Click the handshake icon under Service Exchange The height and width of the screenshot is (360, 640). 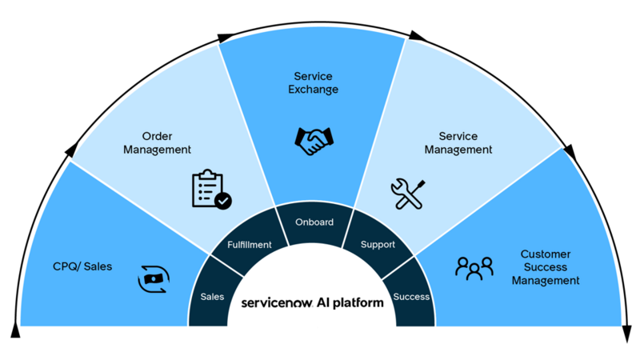pyautogui.click(x=314, y=142)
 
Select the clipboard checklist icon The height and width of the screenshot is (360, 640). pyautogui.click(x=211, y=190)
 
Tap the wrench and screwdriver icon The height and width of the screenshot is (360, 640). pyautogui.click(x=408, y=194)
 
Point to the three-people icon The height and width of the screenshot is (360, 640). pyautogui.click(x=474, y=268)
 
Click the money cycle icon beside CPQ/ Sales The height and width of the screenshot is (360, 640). pyautogui.click(x=154, y=279)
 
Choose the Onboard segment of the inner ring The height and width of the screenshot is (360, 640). pyautogui.click(x=314, y=226)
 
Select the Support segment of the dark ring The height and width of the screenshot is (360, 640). pyautogui.click(x=378, y=244)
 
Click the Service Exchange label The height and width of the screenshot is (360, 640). pyautogui.click(x=313, y=83)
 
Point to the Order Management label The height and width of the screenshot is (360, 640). pyautogui.click(x=157, y=143)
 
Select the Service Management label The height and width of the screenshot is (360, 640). pyautogui.click(x=458, y=143)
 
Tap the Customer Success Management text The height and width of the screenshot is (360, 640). pyautogui.click(x=546, y=267)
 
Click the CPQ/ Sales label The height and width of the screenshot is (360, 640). pyautogui.click(x=82, y=266)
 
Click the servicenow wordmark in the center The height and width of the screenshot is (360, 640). pyautogui.click(x=277, y=303)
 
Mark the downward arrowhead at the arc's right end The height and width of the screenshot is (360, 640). pyautogui.click(x=627, y=334)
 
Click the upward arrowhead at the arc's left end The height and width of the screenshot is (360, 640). pyautogui.click(x=15, y=330)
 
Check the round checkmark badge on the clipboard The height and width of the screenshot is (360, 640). pyautogui.click(x=223, y=201)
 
